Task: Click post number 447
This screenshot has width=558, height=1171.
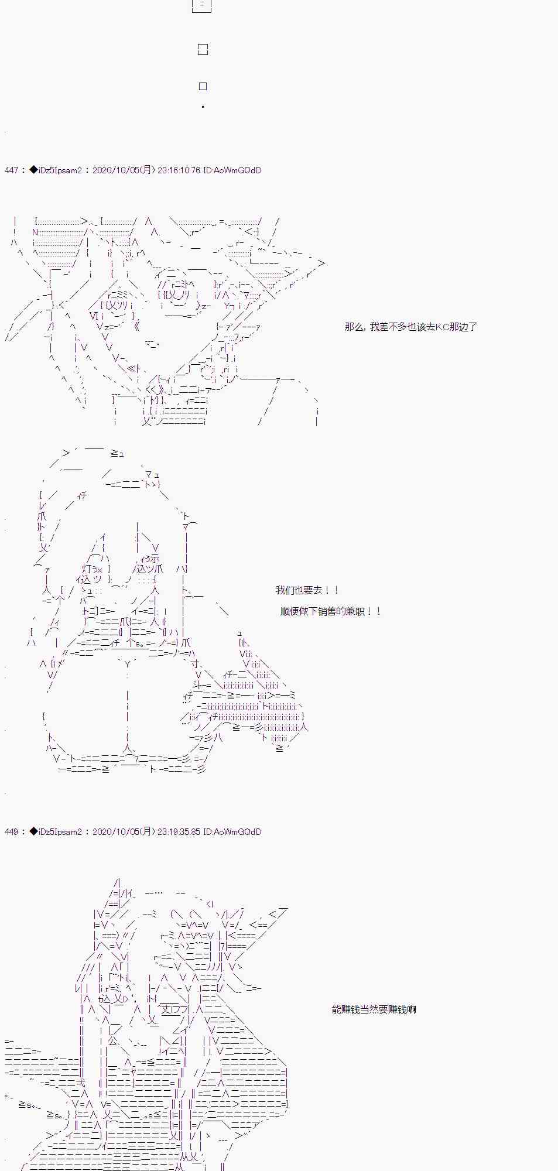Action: tap(11, 170)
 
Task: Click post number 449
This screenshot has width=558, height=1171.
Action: tap(11, 832)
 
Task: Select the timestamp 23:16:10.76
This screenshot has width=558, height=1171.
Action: tap(179, 170)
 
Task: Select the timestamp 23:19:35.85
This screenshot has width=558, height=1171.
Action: tap(179, 832)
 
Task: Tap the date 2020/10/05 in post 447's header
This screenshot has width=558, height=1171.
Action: tap(116, 170)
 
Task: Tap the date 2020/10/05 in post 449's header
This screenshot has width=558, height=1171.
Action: tap(116, 832)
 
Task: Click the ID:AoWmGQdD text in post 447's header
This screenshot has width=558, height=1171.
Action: tap(232, 170)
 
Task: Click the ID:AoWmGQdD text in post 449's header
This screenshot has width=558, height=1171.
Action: tap(232, 832)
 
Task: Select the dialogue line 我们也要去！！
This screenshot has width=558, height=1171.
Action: tap(307, 590)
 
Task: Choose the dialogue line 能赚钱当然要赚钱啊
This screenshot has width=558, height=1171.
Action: tap(374, 1009)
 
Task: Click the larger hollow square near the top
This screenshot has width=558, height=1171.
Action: tap(203, 50)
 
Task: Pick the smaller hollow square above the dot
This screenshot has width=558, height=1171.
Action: tap(203, 87)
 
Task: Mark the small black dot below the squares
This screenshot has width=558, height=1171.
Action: tap(203, 107)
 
